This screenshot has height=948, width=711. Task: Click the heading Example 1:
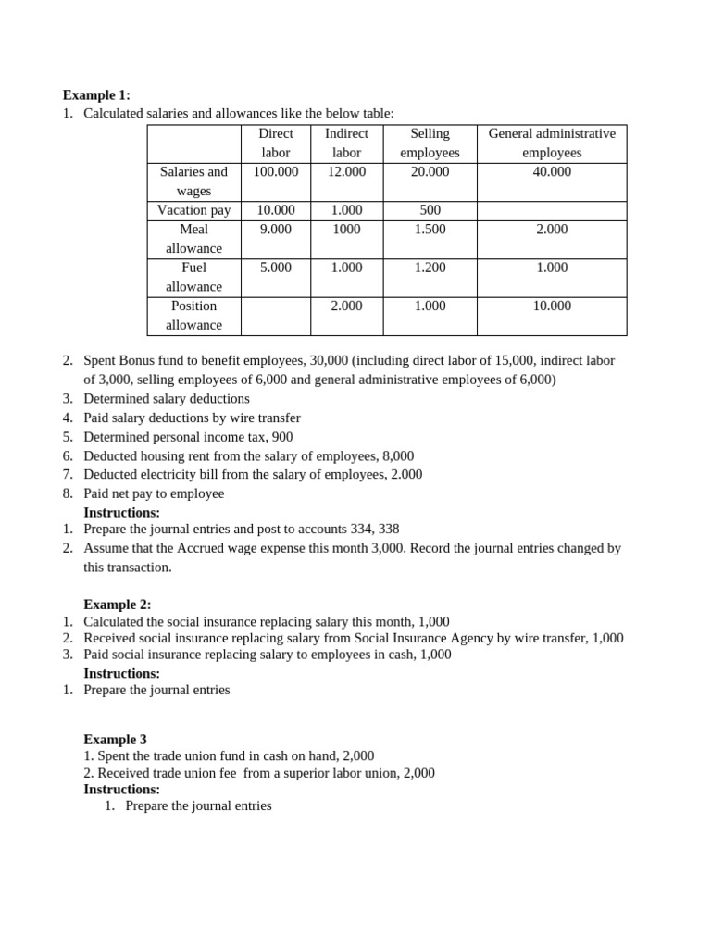point(96,94)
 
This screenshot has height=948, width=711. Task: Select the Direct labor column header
point(275,143)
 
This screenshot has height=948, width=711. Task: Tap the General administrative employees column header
point(552,143)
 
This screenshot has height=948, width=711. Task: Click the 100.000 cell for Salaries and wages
point(275,171)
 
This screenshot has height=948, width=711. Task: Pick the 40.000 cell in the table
point(552,171)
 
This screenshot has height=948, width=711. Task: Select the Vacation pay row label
point(193,210)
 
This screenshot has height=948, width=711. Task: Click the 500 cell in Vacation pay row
point(430,210)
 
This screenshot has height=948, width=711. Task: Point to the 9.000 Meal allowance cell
point(275,229)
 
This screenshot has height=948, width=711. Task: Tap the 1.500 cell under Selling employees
point(430,229)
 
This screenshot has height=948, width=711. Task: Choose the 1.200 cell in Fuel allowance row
point(430,268)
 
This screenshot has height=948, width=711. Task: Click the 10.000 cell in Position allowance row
point(552,306)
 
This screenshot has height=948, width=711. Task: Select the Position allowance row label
point(193,315)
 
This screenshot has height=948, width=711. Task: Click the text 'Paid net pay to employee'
point(154,493)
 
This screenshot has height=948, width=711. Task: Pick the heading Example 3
point(115,740)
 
